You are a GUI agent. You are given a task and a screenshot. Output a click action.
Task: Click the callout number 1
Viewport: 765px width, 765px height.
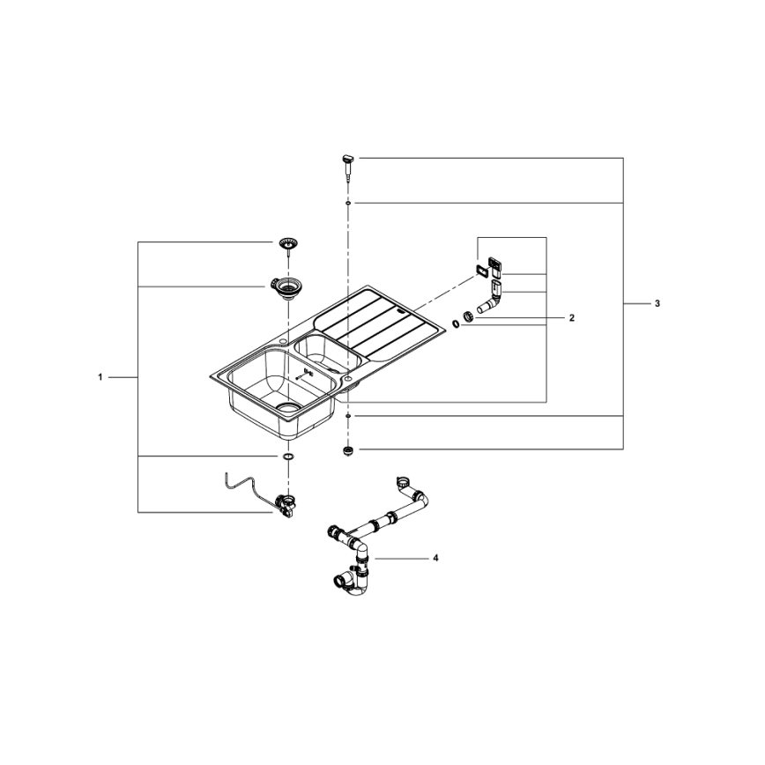click(x=100, y=377)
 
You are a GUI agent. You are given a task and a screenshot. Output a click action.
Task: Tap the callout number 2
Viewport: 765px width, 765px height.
click(x=571, y=317)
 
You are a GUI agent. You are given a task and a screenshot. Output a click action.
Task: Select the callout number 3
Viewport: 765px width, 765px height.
click(x=657, y=303)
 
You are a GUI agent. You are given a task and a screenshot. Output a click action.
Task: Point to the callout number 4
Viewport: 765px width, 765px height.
click(x=434, y=558)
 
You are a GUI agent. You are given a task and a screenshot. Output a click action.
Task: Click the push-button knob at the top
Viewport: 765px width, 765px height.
click(x=347, y=160)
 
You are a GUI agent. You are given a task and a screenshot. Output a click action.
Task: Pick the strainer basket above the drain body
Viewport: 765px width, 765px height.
click(x=286, y=242)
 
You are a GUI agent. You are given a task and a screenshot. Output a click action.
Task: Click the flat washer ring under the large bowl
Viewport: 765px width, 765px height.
click(x=287, y=457)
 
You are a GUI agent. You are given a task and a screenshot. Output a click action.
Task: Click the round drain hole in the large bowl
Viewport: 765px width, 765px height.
click(x=287, y=407)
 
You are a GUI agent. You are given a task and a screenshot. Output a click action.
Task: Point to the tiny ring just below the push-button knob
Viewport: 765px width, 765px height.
click(x=349, y=203)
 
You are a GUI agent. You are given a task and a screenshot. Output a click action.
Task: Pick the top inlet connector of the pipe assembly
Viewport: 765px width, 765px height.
click(x=403, y=483)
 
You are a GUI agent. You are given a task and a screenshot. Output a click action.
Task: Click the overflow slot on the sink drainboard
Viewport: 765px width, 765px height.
click(x=400, y=308)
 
